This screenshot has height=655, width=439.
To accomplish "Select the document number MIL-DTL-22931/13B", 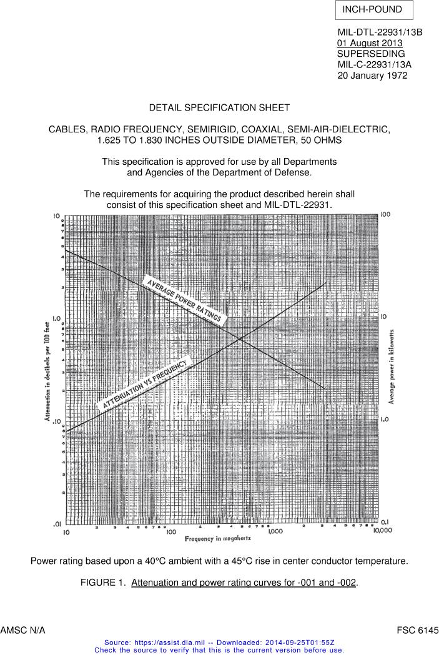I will [380, 32].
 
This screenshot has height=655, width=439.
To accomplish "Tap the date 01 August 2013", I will [370, 43].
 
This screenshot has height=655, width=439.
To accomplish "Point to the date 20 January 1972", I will [372, 75].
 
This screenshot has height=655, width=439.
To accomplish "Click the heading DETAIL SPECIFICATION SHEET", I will [219, 108].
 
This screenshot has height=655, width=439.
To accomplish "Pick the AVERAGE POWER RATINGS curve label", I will [184, 300].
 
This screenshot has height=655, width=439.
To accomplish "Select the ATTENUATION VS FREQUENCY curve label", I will [144, 385].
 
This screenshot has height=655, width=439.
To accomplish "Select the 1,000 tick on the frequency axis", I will [275, 531].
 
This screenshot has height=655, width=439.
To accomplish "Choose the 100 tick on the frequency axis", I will [170, 531].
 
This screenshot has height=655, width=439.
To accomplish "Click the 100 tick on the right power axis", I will [385, 215].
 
